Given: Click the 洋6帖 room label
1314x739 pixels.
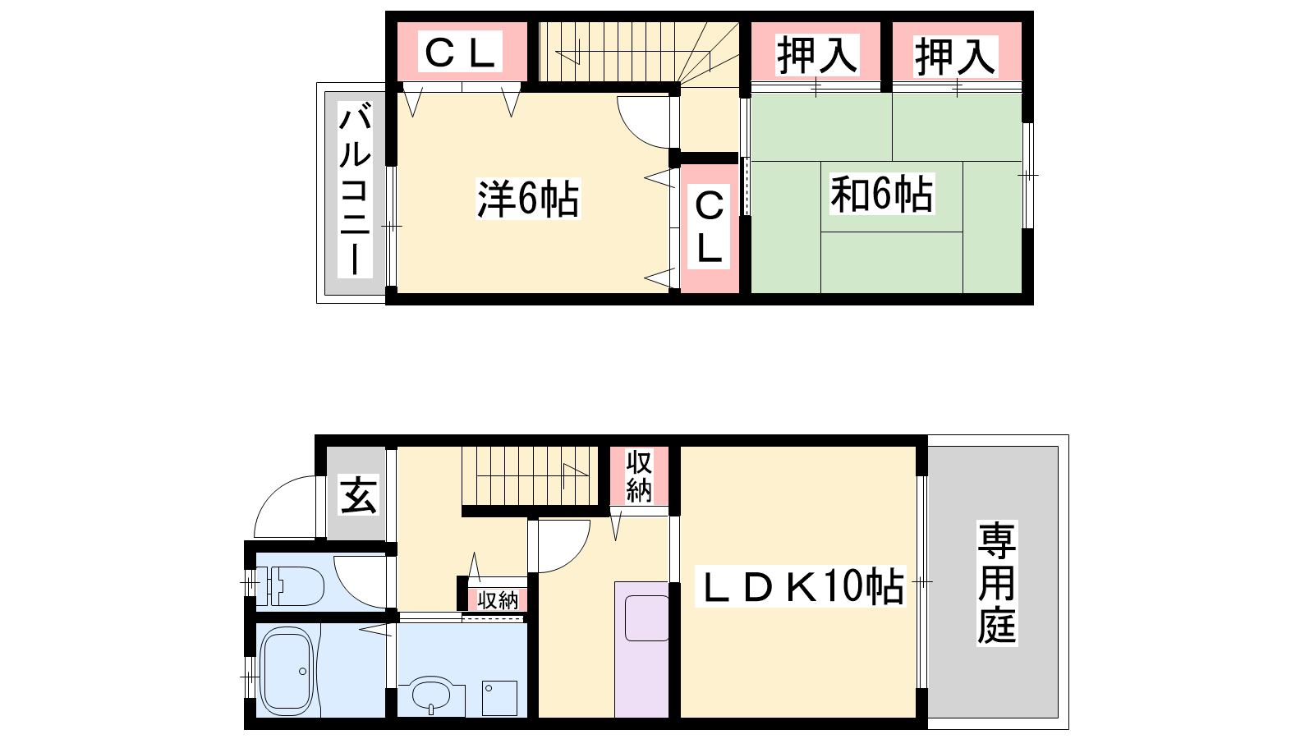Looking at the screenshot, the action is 528,199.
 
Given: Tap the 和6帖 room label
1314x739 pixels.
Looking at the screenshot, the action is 882,194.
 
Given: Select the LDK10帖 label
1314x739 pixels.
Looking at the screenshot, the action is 800,586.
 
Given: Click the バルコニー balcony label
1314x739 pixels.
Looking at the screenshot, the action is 355,190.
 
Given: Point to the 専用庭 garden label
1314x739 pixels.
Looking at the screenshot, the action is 997,583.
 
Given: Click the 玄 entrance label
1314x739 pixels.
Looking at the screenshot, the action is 358,495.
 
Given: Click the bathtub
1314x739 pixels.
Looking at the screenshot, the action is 287,671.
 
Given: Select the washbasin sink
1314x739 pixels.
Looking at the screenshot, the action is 431,695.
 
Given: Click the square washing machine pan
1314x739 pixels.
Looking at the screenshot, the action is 499,698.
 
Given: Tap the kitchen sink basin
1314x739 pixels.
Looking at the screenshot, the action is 647,618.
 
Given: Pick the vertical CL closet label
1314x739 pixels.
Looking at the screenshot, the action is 709,227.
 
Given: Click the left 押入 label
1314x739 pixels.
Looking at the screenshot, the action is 817,55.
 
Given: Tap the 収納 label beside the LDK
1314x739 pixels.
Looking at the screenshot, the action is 639,475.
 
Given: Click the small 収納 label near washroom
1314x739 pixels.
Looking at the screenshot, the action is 498,600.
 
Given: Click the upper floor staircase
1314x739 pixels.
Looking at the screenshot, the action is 639,52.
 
